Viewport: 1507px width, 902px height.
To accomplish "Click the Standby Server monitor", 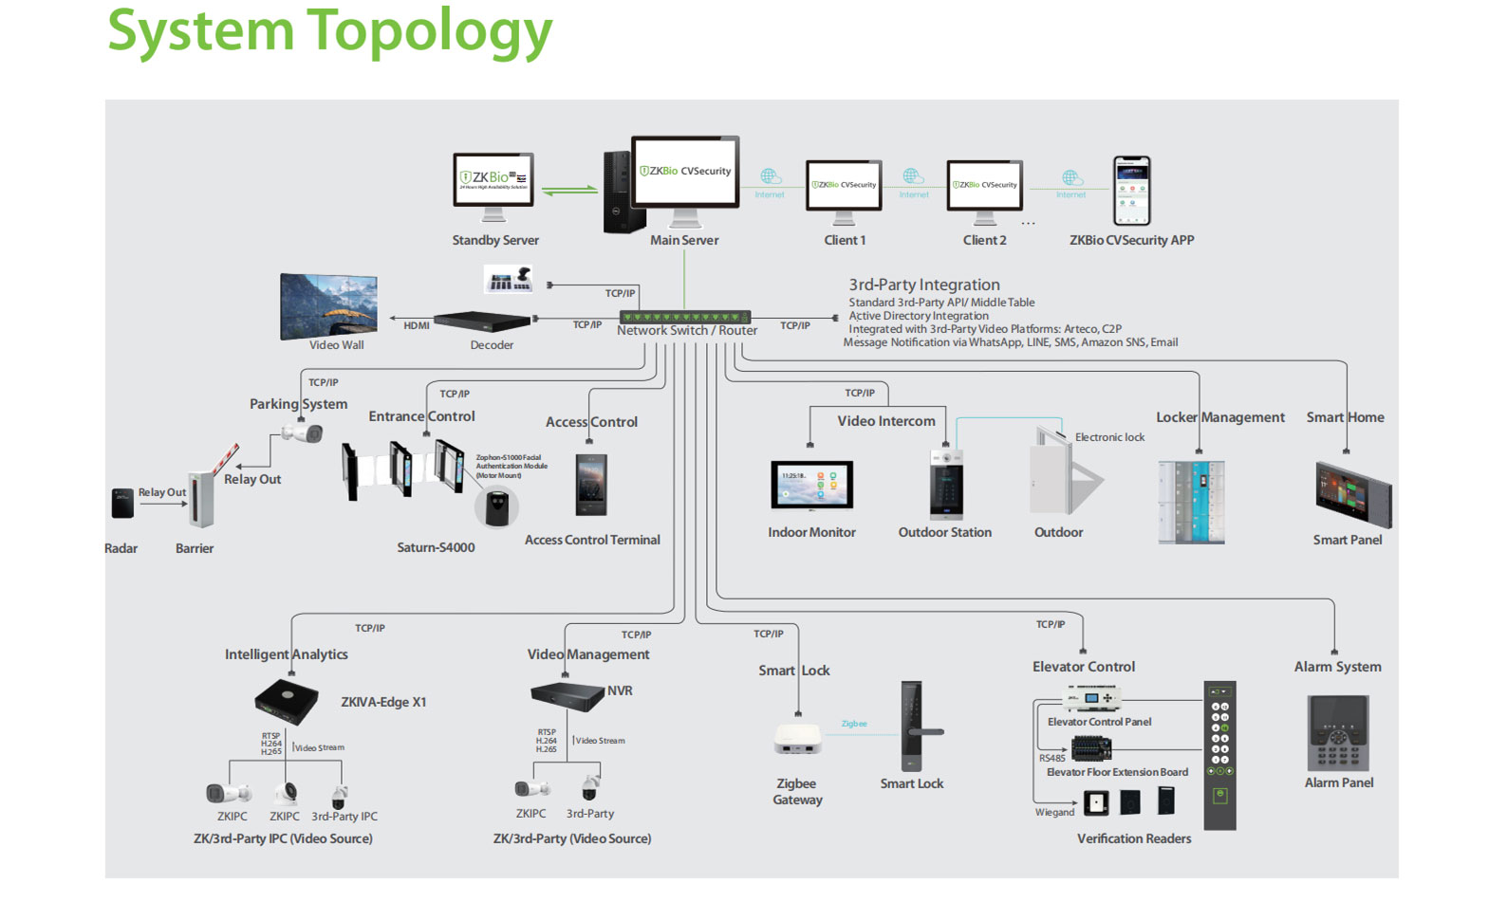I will pyautogui.click(x=493, y=181).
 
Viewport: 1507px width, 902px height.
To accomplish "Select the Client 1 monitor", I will pyautogui.click(x=844, y=186).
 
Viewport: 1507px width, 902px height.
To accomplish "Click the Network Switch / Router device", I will pyautogui.click(x=684, y=317).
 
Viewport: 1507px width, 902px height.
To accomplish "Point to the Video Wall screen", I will pyautogui.click(x=328, y=304).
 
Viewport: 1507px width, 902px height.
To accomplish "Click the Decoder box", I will pyautogui.click(x=482, y=322).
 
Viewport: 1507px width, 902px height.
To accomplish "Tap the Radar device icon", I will pyautogui.click(x=122, y=503).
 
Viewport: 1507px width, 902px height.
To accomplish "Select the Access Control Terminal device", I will pyautogui.click(x=591, y=484).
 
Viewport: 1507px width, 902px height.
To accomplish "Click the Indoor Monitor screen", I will pyautogui.click(x=811, y=486).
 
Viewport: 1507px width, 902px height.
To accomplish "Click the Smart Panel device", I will pyautogui.click(x=1353, y=494).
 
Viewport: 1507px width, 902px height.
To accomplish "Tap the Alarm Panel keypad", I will pyautogui.click(x=1338, y=732).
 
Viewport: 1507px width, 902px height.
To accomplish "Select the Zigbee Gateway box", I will pyautogui.click(x=797, y=738).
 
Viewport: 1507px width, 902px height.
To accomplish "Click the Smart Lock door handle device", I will pyautogui.click(x=912, y=727).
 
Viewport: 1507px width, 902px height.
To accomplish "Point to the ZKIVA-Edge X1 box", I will pyautogui.click(x=286, y=701).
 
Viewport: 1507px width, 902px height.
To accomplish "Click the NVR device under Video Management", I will pyautogui.click(x=567, y=696).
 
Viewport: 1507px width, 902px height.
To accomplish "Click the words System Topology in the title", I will pyautogui.click(x=329, y=30).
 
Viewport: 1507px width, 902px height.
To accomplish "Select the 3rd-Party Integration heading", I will pyautogui.click(x=923, y=285).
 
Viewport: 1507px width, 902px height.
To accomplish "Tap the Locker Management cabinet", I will pyautogui.click(x=1191, y=502).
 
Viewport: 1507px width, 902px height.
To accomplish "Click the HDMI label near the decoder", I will pyautogui.click(x=417, y=325).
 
